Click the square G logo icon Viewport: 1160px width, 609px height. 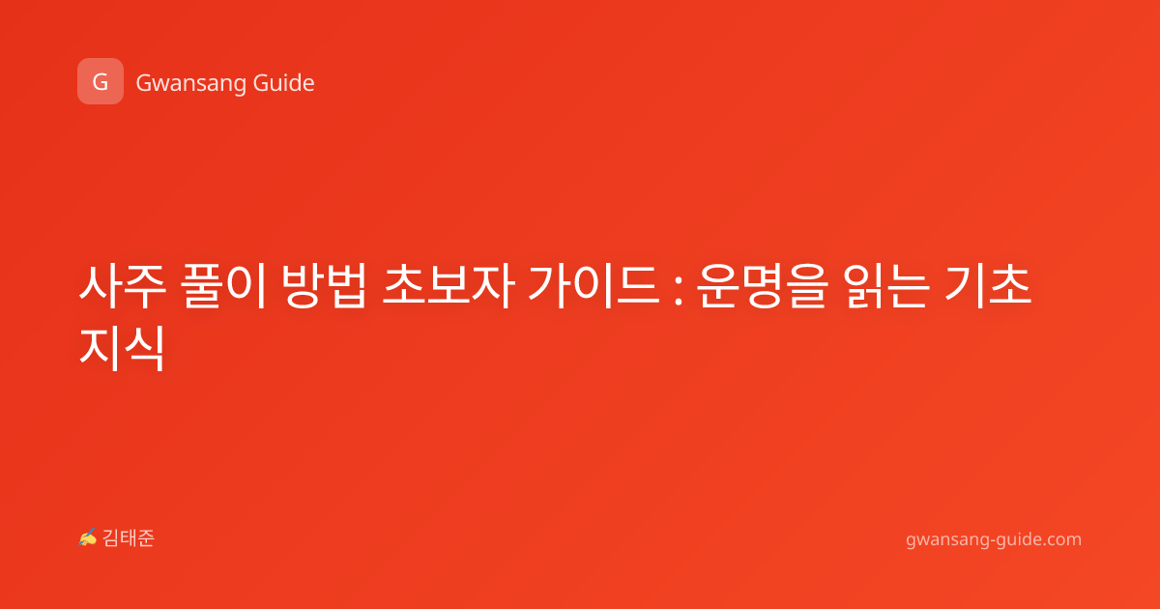(101, 81)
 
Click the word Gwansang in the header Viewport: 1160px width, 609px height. (190, 83)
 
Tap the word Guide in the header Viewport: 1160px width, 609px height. (284, 82)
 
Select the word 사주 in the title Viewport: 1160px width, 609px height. (123, 286)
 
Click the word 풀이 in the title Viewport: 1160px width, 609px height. (223, 286)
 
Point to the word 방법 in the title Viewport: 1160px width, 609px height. (324, 286)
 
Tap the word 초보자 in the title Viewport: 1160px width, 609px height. (448, 286)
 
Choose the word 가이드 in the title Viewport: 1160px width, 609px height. (594, 286)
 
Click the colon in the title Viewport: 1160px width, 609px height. (679, 292)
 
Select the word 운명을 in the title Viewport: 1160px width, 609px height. (761, 286)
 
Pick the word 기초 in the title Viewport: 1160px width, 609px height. (988, 286)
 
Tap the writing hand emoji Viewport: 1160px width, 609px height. (87, 537)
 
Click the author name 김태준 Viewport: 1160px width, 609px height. (129, 538)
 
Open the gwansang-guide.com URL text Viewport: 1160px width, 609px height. (994, 539)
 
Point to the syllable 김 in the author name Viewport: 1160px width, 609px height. (111, 538)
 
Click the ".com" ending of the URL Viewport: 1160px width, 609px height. (1060, 539)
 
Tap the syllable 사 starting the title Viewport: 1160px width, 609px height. (100, 286)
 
